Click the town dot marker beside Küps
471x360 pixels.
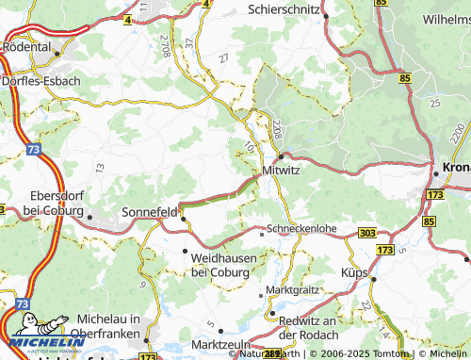point(373,280)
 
